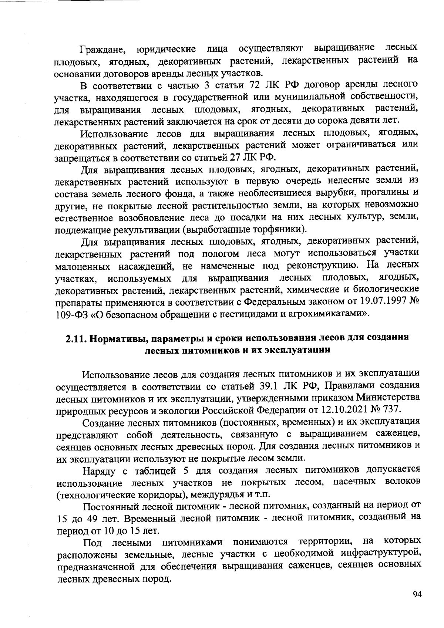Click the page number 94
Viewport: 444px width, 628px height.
point(417,595)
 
